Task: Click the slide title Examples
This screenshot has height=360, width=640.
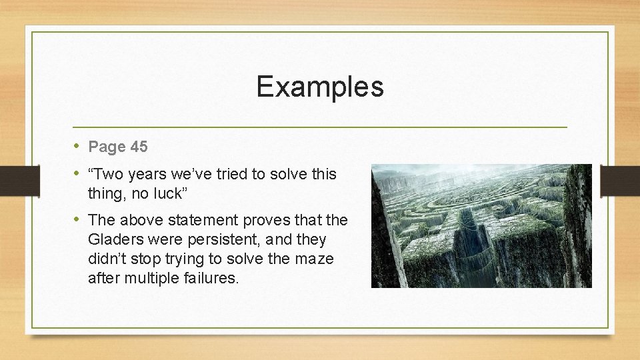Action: (x=320, y=87)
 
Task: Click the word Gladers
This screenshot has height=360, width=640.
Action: (x=114, y=239)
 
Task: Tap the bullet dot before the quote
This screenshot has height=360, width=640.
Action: (x=77, y=174)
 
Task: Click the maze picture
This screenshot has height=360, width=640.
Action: (x=481, y=226)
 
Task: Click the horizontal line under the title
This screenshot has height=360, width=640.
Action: (x=320, y=127)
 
